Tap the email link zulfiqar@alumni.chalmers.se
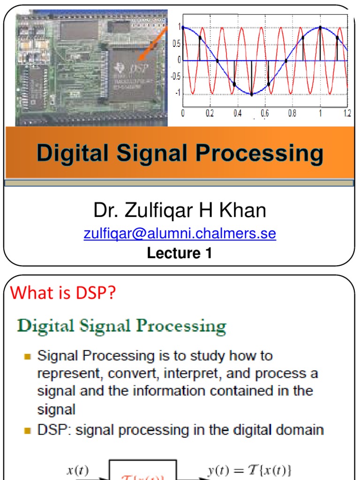point(180,233)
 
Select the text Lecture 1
point(180,253)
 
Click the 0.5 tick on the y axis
point(176,44)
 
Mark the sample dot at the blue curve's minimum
point(252,94)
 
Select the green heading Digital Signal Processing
point(122,326)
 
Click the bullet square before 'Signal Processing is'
point(28,357)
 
